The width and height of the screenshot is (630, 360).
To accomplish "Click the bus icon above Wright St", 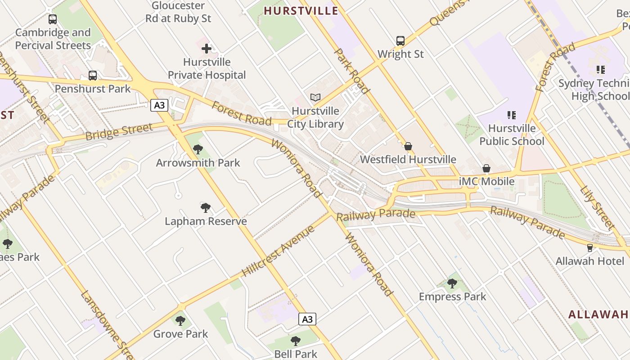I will [x=400, y=41].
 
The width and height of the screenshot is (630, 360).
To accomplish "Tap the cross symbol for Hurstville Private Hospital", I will [x=207, y=49].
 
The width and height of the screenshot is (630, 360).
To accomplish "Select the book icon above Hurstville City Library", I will [x=315, y=97].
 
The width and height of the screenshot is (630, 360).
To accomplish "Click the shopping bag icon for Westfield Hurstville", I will [x=408, y=146].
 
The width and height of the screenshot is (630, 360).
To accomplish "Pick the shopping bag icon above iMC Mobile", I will [x=486, y=168].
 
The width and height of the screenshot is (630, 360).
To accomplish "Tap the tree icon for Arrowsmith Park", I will [x=198, y=149].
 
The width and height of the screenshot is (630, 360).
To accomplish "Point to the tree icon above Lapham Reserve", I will [x=206, y=208].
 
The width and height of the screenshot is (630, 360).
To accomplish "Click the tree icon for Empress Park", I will [x=452, y=283].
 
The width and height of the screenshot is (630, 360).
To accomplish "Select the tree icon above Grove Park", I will [x=180, y=321].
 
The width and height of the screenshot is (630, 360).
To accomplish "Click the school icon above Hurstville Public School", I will [x=512, y=115].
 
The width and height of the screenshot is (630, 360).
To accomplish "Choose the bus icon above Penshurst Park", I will [x=93, y=76].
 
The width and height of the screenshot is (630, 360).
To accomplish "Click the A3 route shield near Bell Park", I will [x=307, y=319].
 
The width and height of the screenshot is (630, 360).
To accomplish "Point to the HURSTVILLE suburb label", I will [x=301, y=11].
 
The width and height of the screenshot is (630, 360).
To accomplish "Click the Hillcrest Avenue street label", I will [x=278, y=252].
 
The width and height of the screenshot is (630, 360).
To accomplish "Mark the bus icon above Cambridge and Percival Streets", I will [x=53, y=19].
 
